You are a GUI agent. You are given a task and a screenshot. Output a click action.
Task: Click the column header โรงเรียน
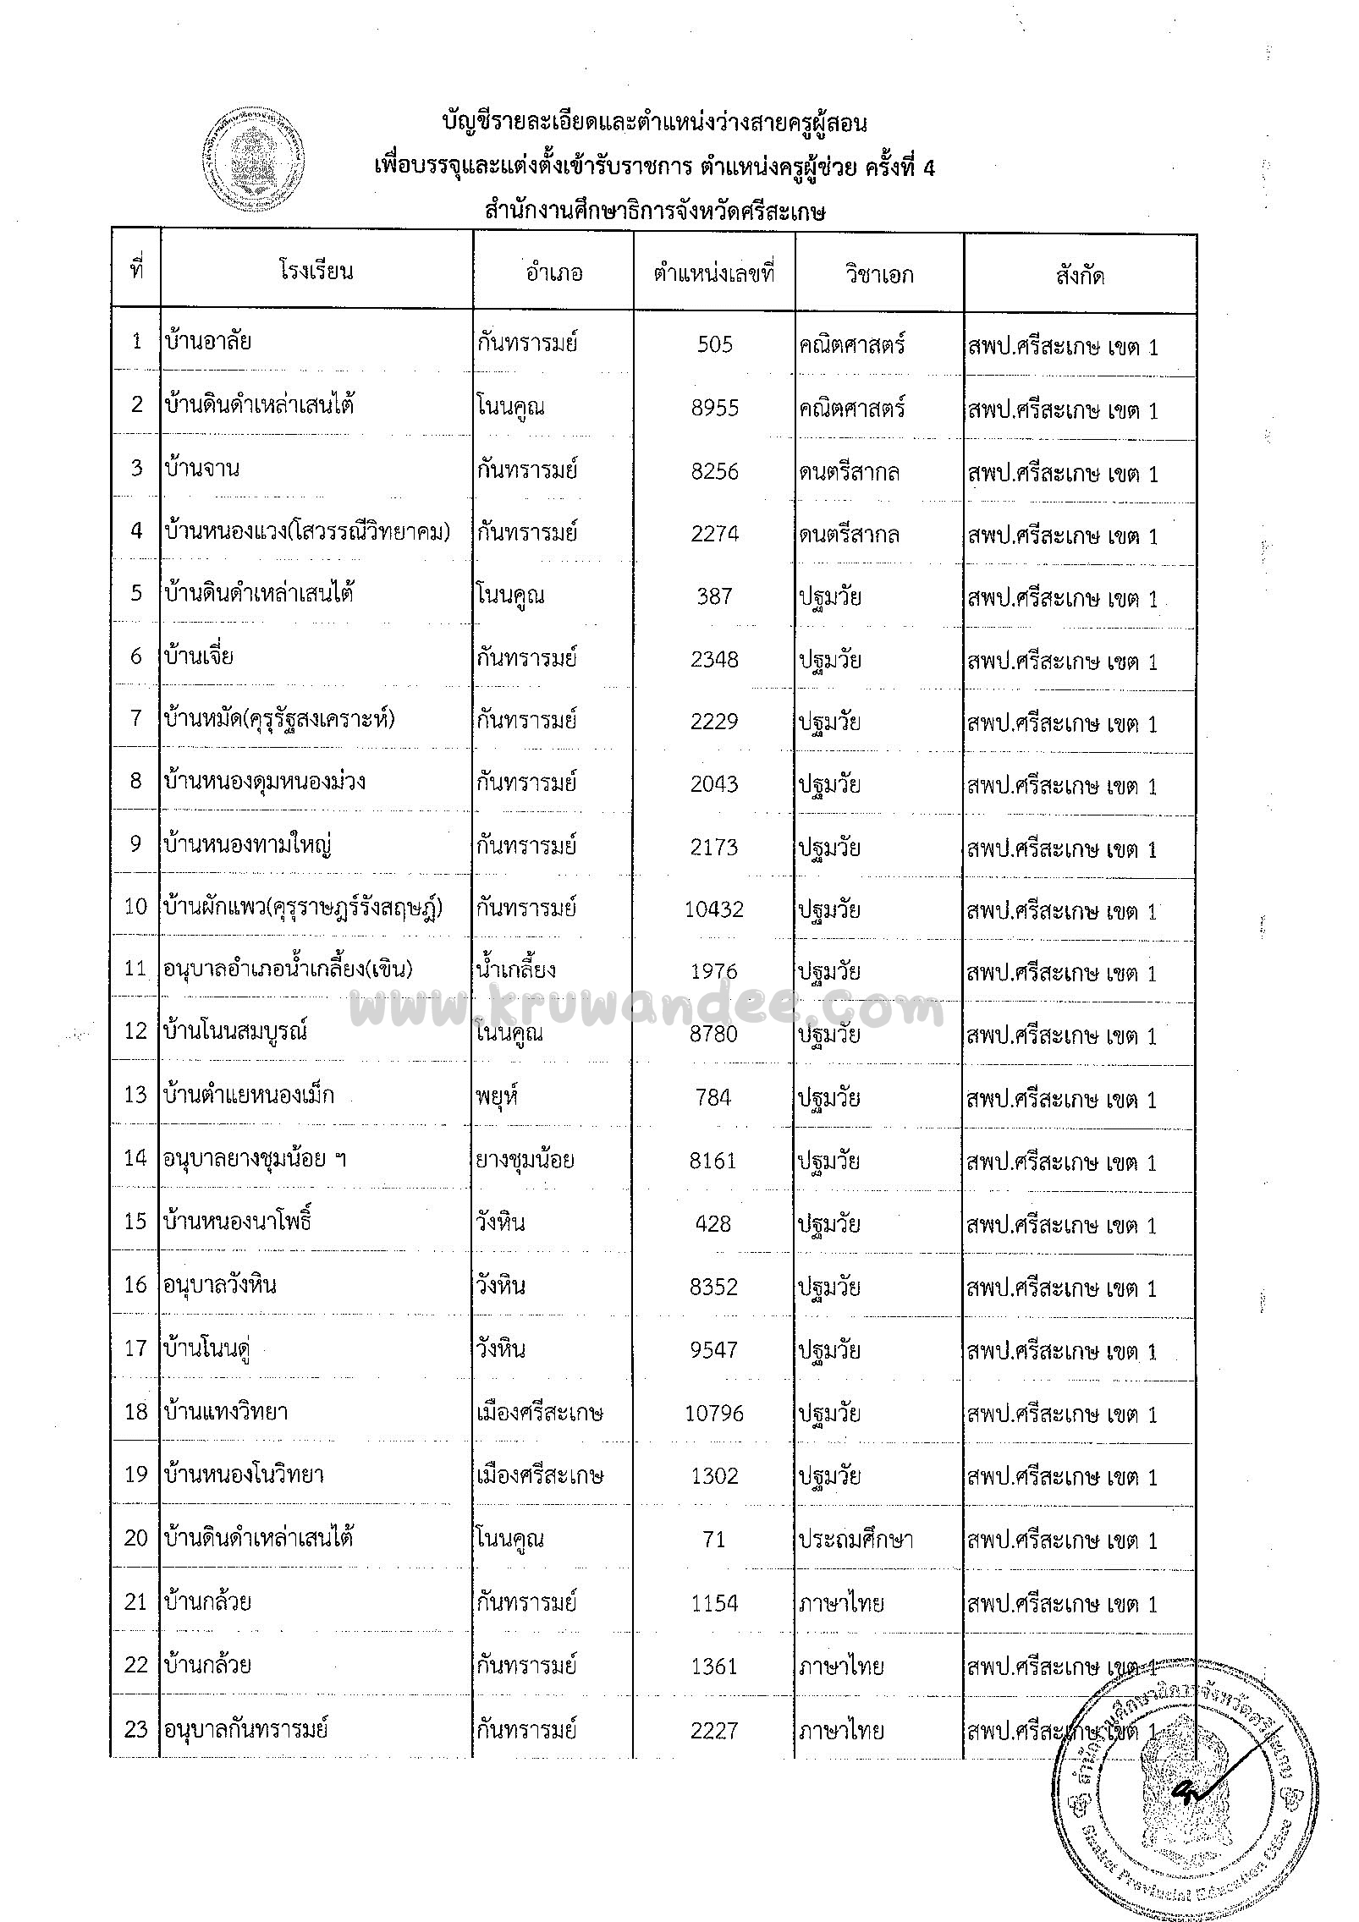tap(316, 272)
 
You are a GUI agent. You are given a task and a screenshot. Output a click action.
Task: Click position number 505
tap(714, 345)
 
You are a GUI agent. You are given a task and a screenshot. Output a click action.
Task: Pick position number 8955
tap(714, 408)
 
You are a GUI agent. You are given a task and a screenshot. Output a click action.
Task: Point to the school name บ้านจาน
tap(203, 468)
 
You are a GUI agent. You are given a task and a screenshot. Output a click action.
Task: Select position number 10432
tap(714, 909)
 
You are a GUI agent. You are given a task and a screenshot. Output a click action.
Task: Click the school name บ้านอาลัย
tap(208, 342)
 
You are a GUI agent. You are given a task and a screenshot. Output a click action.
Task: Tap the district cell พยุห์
tap(497, 1096)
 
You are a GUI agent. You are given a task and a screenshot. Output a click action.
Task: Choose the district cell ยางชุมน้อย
tap(525, 1159)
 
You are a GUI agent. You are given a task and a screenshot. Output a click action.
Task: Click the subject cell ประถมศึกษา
tap(855, 1539)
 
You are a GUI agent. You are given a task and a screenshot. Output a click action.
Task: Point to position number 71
tap(714, 1539)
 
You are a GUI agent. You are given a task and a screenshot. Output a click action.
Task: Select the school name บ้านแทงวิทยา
tap(227, 1412)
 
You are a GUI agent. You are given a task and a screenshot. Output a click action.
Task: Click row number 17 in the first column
tap(135, 1349)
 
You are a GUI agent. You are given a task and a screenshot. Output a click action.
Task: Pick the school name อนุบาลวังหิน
tap(220, 1286)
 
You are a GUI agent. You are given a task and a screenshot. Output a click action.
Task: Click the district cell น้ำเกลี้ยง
tap(515, 969)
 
